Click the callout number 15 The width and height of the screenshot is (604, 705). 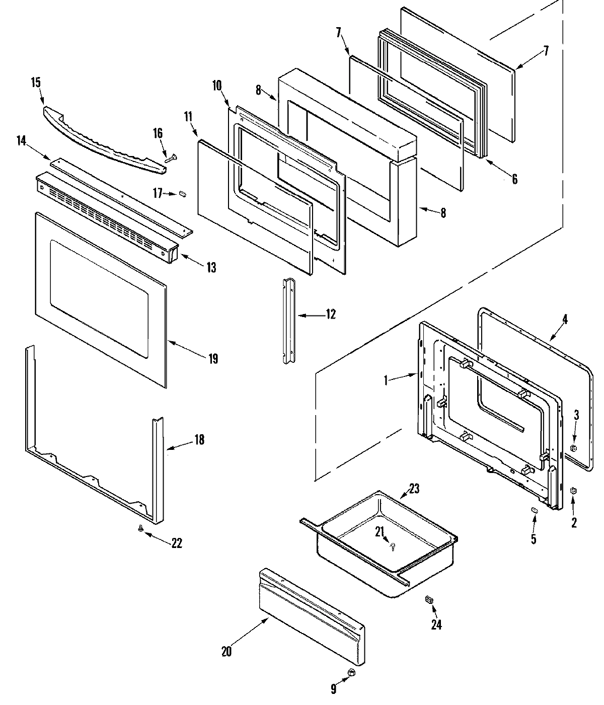pyautogui.click(x=36, y=83)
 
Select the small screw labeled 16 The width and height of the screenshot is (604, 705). pyautogui.click(x=170, y=159)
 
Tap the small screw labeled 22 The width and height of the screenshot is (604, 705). pyautogui.click(x=141, y=528)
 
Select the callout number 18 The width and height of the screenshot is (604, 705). pyautogui.click(x=199, y=439)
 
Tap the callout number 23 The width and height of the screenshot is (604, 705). pyautogui.click(x=414, y=488)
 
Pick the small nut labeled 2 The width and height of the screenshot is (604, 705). pyautogui.click(x=573, y=491)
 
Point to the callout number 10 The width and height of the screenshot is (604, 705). pyautogui.click(x=217, y=85)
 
